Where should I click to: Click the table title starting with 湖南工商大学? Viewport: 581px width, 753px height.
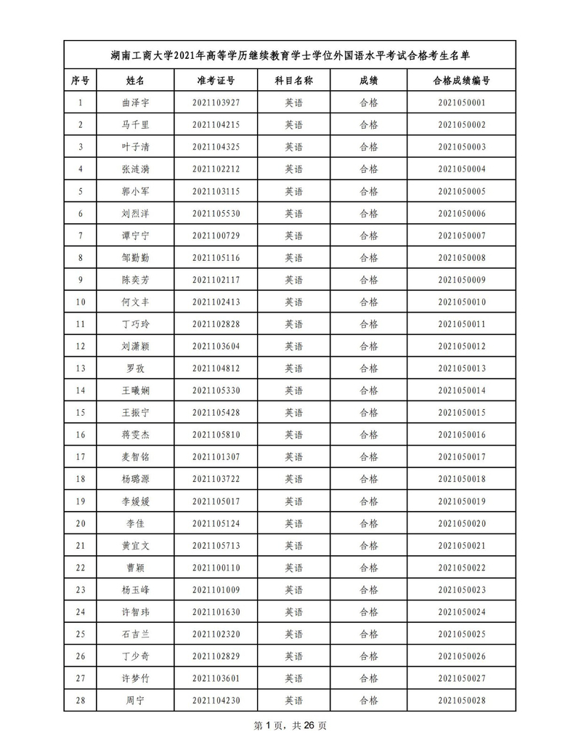point(290,55)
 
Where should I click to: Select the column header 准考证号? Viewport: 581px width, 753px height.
point(216,81)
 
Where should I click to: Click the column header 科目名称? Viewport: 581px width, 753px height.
point(293,81)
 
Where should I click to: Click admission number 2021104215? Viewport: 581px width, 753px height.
point(216,125)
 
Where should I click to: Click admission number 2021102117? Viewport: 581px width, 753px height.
point(216,280)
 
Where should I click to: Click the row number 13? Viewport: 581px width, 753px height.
point(81,369)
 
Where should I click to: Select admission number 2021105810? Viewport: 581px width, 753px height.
point(216,435)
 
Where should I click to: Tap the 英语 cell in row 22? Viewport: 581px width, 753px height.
point(293,568)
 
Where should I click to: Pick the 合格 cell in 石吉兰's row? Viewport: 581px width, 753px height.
point(369,634)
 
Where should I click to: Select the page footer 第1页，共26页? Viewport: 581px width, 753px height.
point(290,725)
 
